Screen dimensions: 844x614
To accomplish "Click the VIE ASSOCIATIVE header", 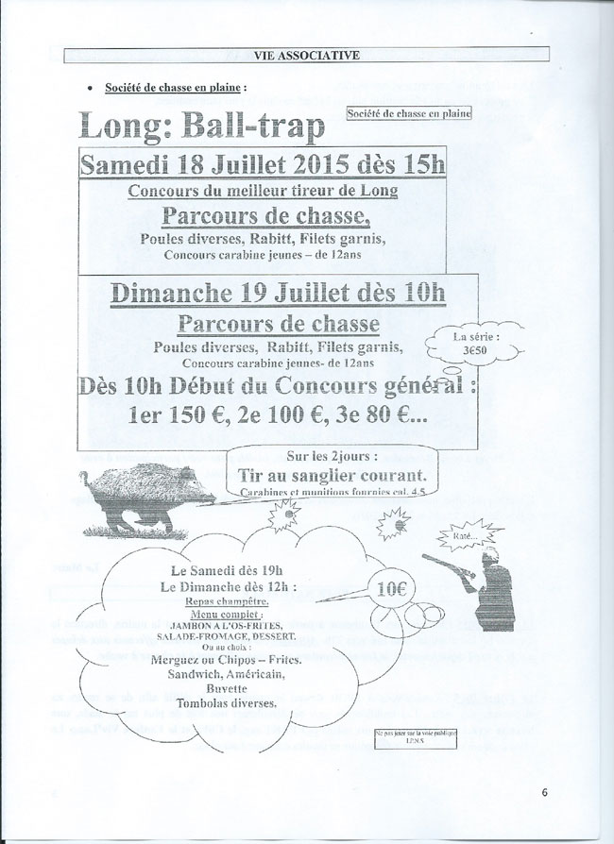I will (306, 56).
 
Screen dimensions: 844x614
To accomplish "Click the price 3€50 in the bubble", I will (473, 346).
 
